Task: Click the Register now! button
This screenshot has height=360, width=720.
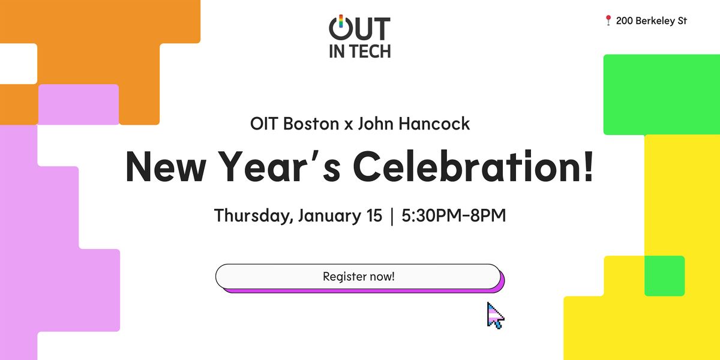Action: [x=358, y=277]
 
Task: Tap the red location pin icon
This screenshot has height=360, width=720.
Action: [x=608, y=20]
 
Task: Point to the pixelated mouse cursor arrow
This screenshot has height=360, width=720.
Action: [x=495, y=316]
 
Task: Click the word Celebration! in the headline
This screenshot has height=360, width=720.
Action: [x=473, y=167]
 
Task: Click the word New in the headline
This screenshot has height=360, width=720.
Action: [x=166, y=167]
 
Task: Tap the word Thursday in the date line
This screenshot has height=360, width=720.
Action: [x=253, y=215]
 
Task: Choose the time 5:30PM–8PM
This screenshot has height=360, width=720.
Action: [x=454, y=215]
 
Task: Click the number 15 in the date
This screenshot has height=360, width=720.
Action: [x=374, y=215]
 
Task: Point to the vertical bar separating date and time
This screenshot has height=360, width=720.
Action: [x=392, y=216]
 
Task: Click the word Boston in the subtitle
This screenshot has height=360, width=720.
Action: [x=311, y=124]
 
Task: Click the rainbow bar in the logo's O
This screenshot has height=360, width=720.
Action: [x=341, y=21]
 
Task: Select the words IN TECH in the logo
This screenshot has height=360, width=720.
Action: [x=359, y=52]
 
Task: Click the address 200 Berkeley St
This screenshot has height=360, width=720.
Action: [x=651, y=21]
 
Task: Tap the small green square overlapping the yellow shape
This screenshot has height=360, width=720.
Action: [x=664, y=276]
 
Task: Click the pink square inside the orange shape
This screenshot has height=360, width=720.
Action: [x=79, y=104]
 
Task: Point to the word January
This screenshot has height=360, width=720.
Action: [x=330, y=216]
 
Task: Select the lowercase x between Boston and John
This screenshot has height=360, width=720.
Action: [x=349, y=125]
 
